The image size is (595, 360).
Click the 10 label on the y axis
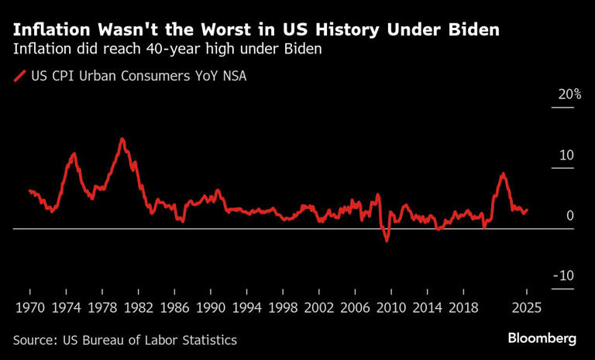tap(566, 155)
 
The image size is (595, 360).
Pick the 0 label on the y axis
tap(569, 215)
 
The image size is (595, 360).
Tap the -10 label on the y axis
tap(564, 276)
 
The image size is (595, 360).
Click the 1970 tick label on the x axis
tap(30, 307)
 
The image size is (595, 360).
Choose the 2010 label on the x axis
tap(391, 307)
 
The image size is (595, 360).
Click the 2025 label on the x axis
tap(526, 307)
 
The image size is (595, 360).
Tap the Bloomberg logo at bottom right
tap(542, 339)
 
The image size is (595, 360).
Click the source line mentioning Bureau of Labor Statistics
tap(125, 340)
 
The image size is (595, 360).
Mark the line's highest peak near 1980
tap(122, 139)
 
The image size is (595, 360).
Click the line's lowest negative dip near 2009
tap(387, 241)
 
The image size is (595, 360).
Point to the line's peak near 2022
tap(503, 174)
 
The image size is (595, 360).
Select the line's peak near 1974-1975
tap(74, 154)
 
